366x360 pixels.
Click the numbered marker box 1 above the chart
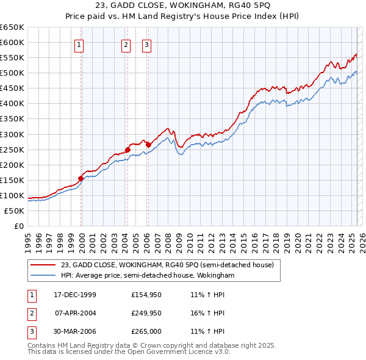click(80, 44)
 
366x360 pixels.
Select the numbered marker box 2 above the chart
click(126, 44)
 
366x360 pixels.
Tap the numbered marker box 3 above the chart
click(147, 44)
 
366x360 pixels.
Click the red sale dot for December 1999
click(81, 178)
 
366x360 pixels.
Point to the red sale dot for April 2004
click(127, 149)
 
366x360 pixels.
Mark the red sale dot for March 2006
click(148, 145)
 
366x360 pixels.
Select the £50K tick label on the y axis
click(14, 211)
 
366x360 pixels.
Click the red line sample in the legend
click(43, 265)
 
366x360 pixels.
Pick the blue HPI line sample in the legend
click(43, 276)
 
